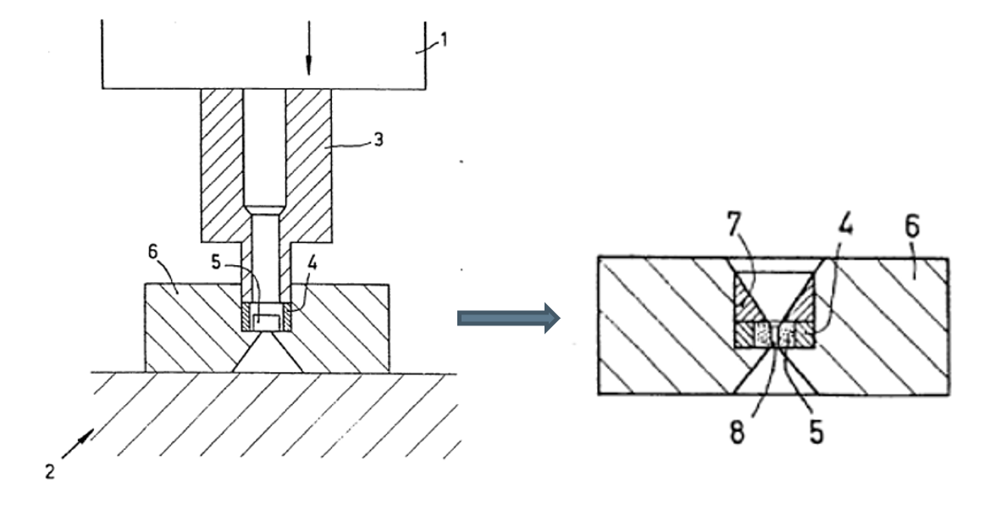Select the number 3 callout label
click(379, 140)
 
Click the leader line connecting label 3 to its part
click(351, 146)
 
